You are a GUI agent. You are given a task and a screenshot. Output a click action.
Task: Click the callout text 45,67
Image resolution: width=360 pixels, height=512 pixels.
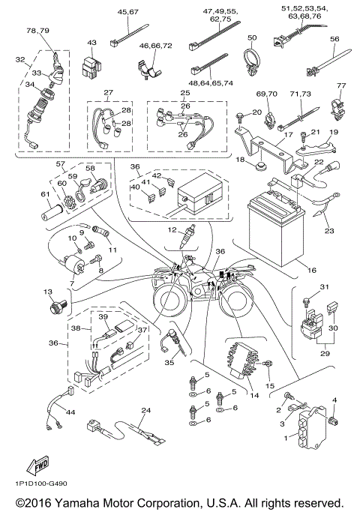pyautogui.click(x=128, y=12)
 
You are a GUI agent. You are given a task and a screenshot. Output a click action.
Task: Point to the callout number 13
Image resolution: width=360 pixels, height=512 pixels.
pyautogui.click(x=48, y=292)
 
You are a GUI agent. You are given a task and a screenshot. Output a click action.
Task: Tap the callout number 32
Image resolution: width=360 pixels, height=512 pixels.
pyautogui.click(x=19, y=60)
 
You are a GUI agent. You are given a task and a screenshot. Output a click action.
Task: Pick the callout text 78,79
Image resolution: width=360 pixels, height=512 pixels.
pyautogui.click(x=37, y=30)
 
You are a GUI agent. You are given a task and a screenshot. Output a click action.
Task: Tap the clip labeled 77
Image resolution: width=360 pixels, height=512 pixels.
pyautogui.click(x=341, y=103)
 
